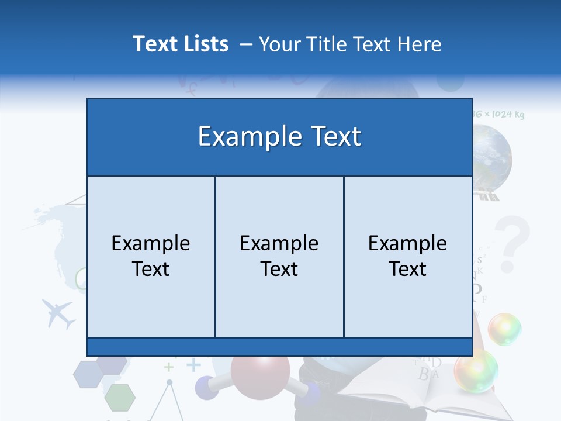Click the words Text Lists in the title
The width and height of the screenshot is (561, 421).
[x=181, y=44]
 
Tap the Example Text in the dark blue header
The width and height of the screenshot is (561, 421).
[x=279, y=136]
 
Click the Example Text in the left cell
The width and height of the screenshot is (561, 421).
[x=151, y=256]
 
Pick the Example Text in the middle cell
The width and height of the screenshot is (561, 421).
[x=279, y=256]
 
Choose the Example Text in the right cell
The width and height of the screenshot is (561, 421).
[x=408, y=256]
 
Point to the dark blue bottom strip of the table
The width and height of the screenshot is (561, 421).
[x=279, y=346]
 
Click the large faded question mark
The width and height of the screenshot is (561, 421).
[x=512, y=243]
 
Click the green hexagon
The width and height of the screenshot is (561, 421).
[x=120, y=398]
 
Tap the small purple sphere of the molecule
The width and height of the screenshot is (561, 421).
[x=205, y=387]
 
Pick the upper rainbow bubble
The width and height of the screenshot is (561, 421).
[x=504, y=329]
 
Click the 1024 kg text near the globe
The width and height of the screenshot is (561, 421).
[x=506, y=114]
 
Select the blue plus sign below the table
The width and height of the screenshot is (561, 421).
[x=193, y=365]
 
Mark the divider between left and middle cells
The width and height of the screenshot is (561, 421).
[x=215, y=256]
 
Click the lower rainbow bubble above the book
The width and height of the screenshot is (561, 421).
[x=476, y=370]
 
